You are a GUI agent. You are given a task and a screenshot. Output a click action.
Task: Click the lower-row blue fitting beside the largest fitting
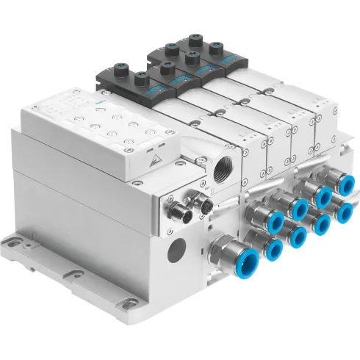coord(273,251)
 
